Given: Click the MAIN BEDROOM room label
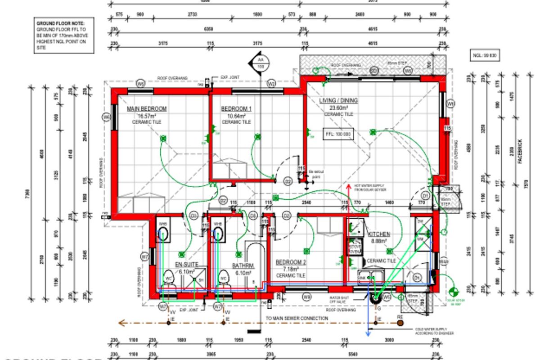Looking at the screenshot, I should [x=147, y=109].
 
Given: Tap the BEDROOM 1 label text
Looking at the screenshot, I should [x=236, y=109].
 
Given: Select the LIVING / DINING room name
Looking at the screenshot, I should [x=338, y=101].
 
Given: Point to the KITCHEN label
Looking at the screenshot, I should [x=379, y=234].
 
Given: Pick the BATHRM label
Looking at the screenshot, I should [x=243, y=265].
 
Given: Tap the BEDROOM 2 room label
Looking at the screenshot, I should [x=291, y=262].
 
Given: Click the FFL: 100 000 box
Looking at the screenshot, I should [x=338, y=134].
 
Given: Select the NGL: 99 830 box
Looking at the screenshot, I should [x=484, y=56].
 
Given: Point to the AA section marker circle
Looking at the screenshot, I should [x=260, y=60].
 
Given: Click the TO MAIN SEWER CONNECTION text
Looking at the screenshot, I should [x=297, y=318].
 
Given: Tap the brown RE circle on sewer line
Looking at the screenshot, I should [x=400, y=323].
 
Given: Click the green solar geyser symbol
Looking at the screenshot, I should [x=454, y=291].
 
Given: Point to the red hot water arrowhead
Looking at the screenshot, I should [x=348, y=186].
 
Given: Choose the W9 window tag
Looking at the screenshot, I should [x=306, y=297].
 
